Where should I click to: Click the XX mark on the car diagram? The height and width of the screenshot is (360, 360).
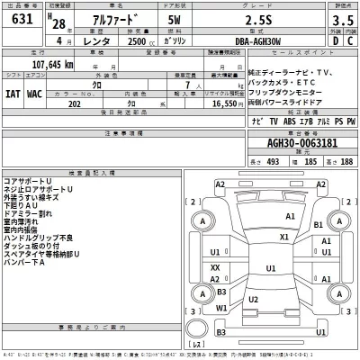(215, 268)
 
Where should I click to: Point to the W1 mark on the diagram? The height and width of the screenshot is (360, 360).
(222, 308)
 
